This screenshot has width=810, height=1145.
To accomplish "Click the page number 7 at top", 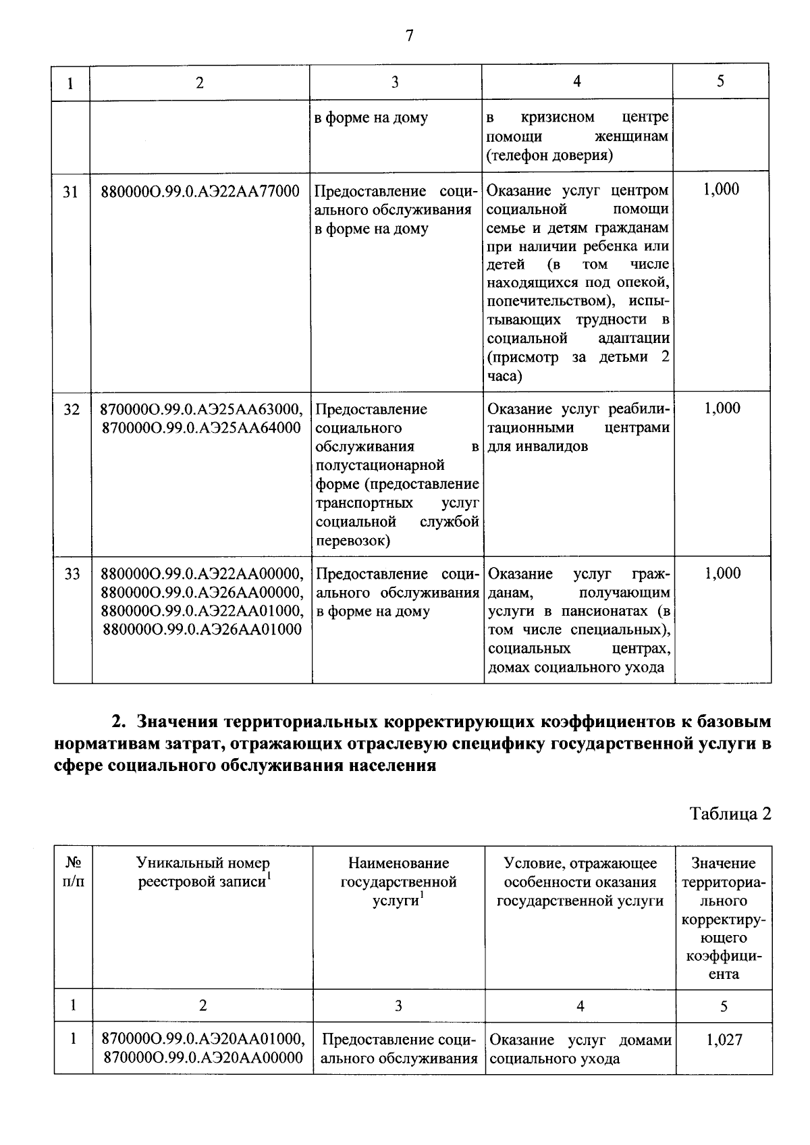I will pos(409,36).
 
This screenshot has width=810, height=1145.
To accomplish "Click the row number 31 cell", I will pos(70,192).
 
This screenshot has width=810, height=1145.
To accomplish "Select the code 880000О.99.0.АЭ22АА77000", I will pos(200,192).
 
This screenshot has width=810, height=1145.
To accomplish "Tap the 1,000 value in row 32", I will pos(722,408).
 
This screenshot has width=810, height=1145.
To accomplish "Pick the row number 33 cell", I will pos(72,574).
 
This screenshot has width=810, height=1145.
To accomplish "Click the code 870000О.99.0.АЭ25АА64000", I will pos(200,428).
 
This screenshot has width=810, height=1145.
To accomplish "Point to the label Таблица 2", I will pos(730,814).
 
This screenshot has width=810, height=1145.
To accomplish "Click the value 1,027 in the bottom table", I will pos(724,1040).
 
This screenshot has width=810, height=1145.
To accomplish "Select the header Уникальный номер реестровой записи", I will pos(202,872).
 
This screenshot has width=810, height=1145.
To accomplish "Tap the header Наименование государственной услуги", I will pos(398,882).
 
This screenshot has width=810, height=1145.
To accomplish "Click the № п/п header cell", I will pos(73,872).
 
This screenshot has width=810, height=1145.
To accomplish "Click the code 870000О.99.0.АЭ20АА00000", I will pos(202,1059).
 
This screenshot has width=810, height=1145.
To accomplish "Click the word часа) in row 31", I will pos(504,376).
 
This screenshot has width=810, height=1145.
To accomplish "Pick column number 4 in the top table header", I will pos(577,81).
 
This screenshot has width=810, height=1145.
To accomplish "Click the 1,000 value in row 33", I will pos(722,573).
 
